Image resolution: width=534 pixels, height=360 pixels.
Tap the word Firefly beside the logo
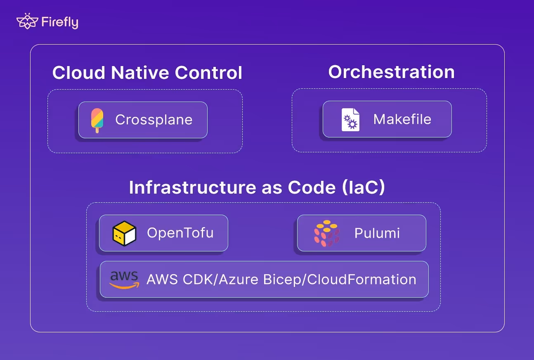tap(60, 22)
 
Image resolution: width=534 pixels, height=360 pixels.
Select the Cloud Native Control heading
tap(147, 73)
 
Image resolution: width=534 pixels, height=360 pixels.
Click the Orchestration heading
tap(391, 72)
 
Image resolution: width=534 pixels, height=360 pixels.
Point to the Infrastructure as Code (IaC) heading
tap(257, 187)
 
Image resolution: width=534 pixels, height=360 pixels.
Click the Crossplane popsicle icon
tap(97, 120)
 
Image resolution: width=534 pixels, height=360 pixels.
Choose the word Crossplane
tap(154, 120)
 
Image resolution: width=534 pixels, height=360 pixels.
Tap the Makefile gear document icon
tap(350, 120)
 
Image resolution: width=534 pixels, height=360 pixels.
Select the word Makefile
tap(402, 119)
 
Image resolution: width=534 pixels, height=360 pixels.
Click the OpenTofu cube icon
tap(124, 233)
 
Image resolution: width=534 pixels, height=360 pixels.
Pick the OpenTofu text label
tap(180, 233)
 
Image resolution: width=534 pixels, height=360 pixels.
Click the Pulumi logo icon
tap(326, 233)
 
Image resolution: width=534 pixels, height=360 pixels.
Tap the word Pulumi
tap(377, 233)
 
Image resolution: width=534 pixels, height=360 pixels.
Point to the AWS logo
tap(124, 279)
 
